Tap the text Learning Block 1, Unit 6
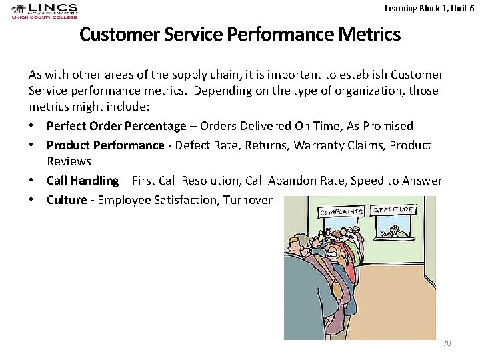(429, 8)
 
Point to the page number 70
(446, 343)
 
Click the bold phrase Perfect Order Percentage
(117, 126)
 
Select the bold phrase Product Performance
(105, 145)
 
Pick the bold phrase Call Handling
(83, 181)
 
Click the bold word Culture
(67, 200)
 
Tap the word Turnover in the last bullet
(247, 200)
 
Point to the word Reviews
(69, 161)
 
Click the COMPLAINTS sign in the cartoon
(342, 212)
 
